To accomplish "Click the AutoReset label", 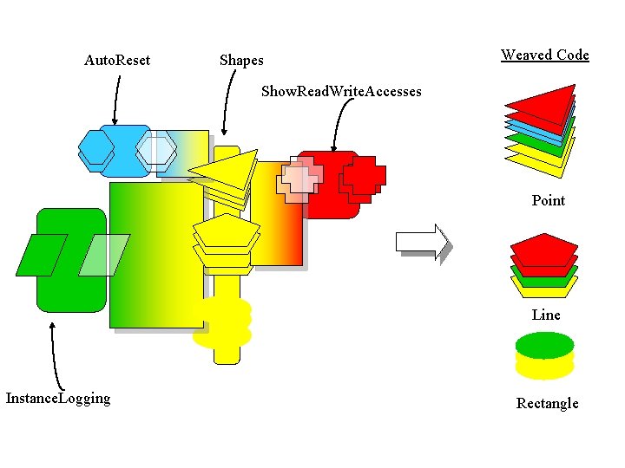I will click(116, 60).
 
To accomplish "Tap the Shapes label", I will click(241, 60).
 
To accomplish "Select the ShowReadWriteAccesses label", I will click(341, 91).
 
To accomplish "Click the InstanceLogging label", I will click(58, 398).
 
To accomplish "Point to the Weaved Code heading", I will click(544, 55).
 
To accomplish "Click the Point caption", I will click(548, 200).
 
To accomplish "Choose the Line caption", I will click(545, 315).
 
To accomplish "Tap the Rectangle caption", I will click(547, 403).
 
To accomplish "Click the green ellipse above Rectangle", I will click(544, 346).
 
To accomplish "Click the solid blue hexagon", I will click(96, 148).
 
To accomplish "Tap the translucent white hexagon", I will click(157, 150).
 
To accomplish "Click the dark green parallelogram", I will click(42, 255).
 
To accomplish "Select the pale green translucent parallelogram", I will click(104, 255).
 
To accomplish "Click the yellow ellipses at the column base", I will click(223, 322).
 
